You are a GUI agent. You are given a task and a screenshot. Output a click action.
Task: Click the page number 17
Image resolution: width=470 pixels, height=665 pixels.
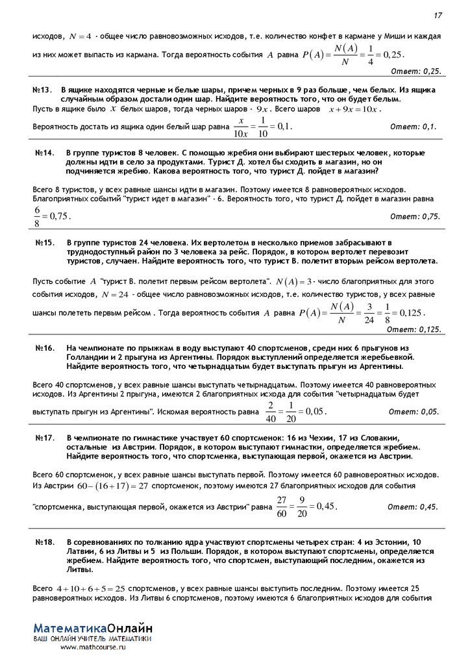[438, 16]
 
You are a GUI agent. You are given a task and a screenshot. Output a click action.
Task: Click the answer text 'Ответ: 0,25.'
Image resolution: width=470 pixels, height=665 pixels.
[416, 70]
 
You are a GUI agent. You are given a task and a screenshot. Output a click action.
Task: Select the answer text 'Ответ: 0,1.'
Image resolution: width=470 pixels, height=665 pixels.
[420, 127]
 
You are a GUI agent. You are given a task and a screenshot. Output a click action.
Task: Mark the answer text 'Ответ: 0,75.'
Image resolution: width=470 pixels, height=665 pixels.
[415, 216]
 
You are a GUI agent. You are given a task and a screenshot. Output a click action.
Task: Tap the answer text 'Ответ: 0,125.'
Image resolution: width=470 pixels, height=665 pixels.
[414, 329]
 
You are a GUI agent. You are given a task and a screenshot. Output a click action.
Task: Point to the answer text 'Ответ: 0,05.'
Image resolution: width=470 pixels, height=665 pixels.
[414, 412]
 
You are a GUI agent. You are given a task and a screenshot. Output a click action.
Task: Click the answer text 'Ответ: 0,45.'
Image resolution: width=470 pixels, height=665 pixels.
[413, 507]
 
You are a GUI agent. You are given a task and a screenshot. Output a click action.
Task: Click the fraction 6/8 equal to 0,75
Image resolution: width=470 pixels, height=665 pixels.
[38, 216]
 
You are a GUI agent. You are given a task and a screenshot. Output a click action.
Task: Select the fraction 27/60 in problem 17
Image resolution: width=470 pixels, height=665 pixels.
[281, 506]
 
